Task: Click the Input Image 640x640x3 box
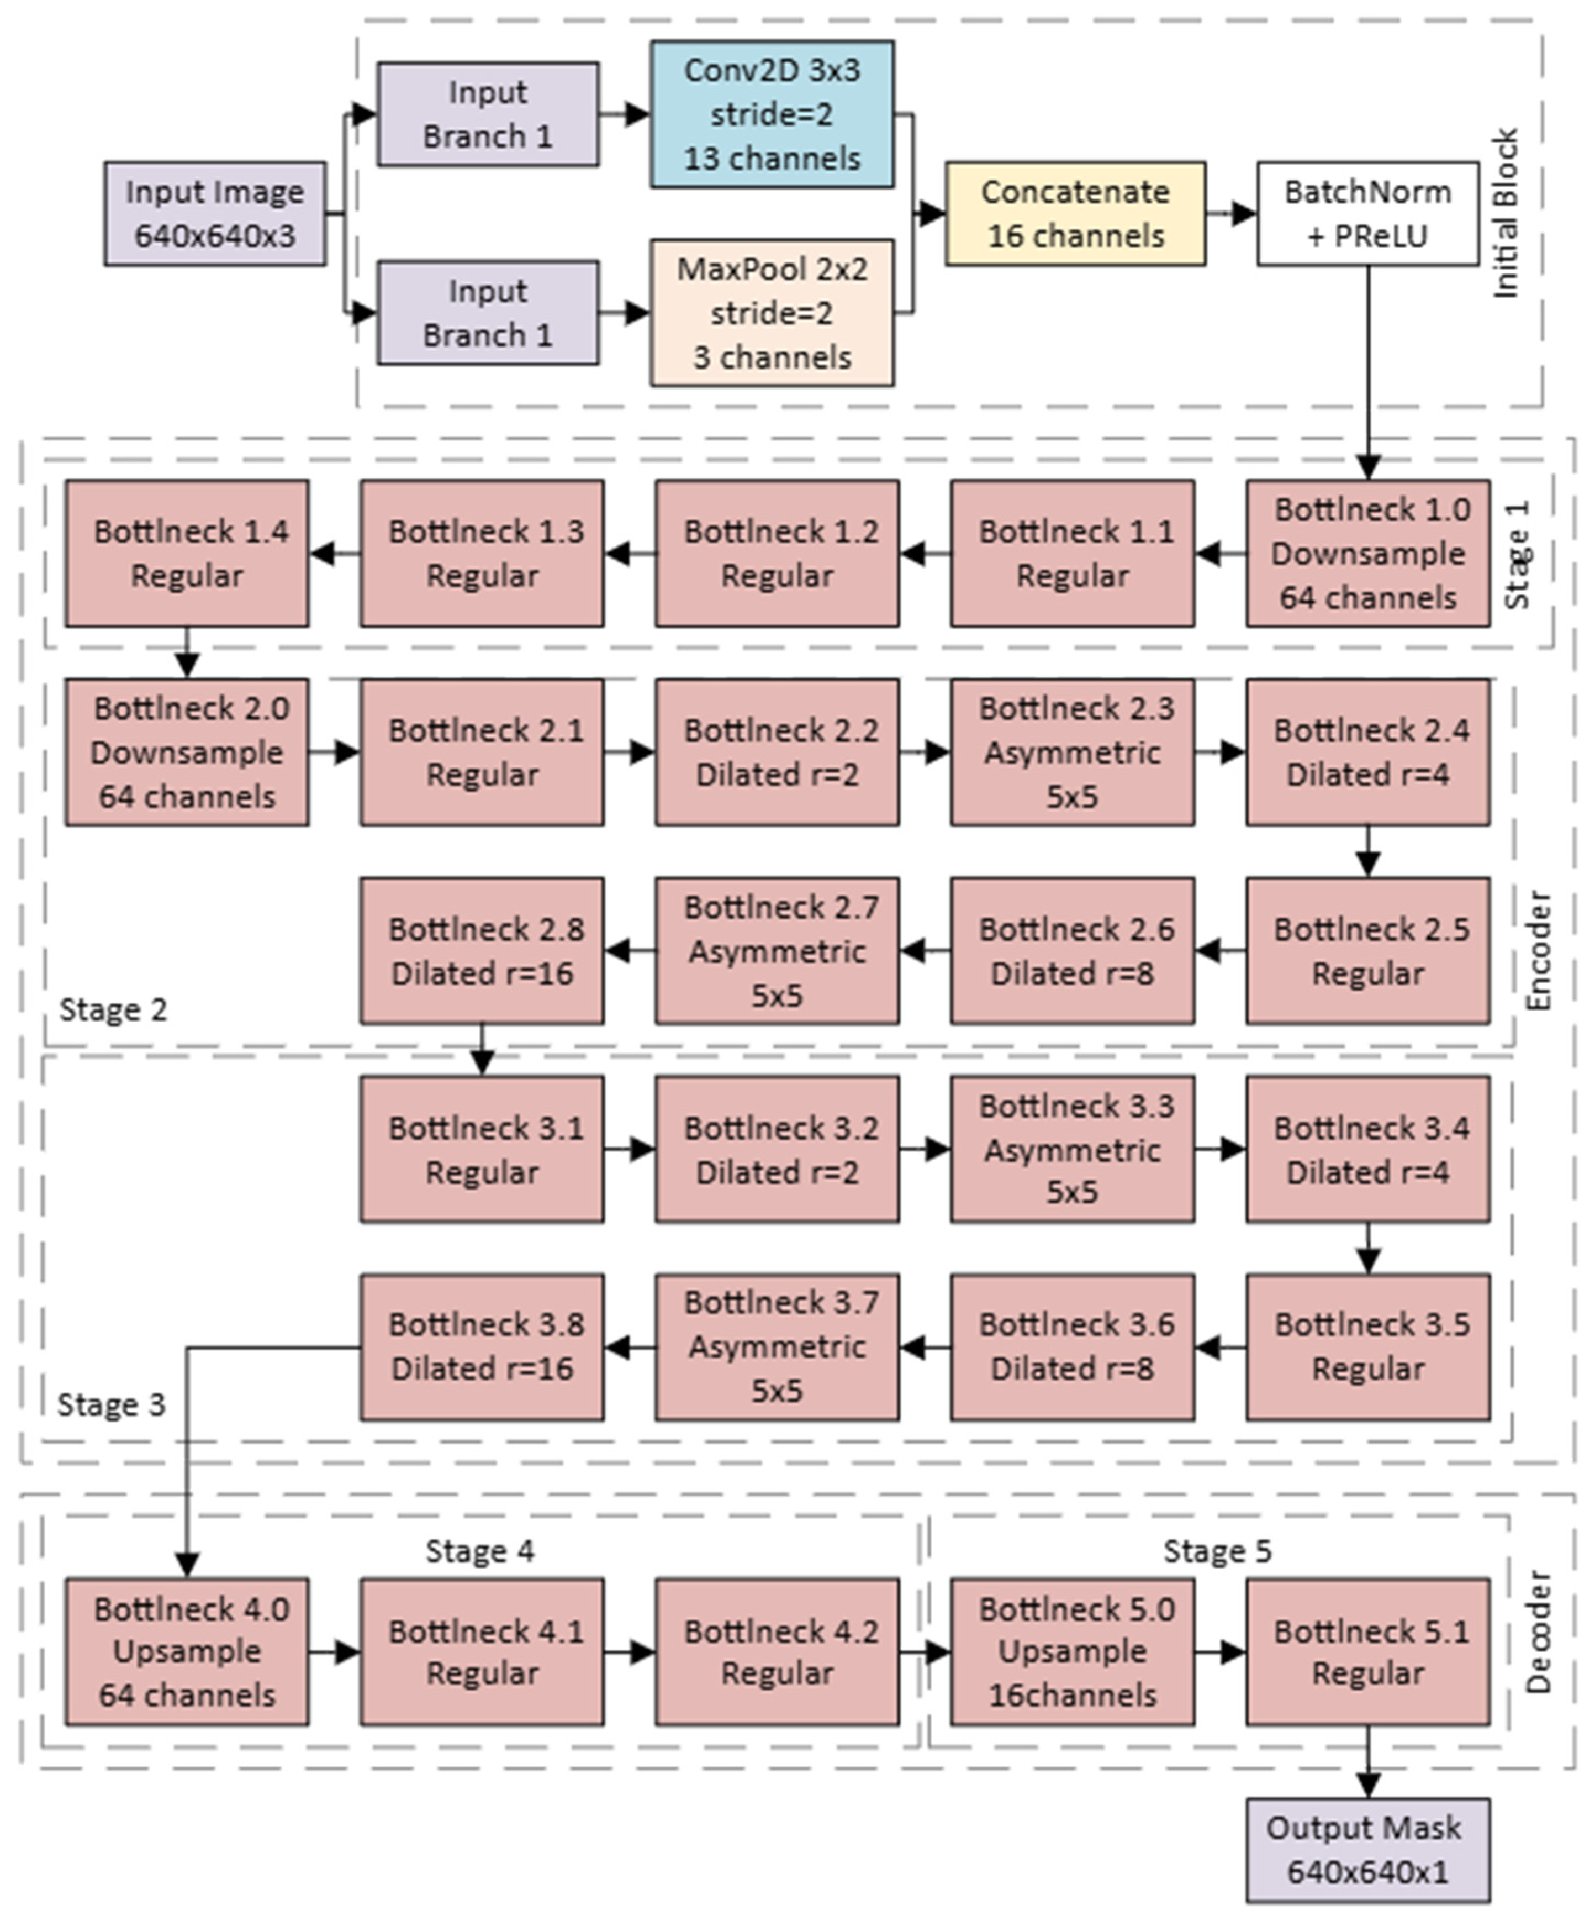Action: point(215,214)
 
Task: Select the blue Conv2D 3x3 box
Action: point(772,114)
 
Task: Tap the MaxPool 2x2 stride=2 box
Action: point(772,313)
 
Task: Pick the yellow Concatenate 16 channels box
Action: point(1075,214)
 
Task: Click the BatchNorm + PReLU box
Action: point(1367,214)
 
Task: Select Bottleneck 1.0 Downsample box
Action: point(1367,554)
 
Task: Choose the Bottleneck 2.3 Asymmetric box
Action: point(1072,752)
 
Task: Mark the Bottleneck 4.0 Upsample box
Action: point(187,1651)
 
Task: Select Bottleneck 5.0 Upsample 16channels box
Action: point(1072,1651)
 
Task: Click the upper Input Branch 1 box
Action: point(488,114)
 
